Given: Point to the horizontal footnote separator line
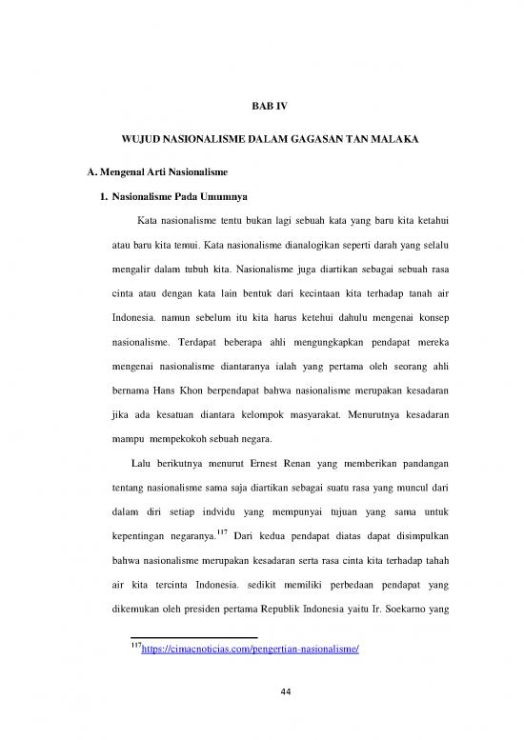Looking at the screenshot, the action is pyautogui.click(x=194, y=637).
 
